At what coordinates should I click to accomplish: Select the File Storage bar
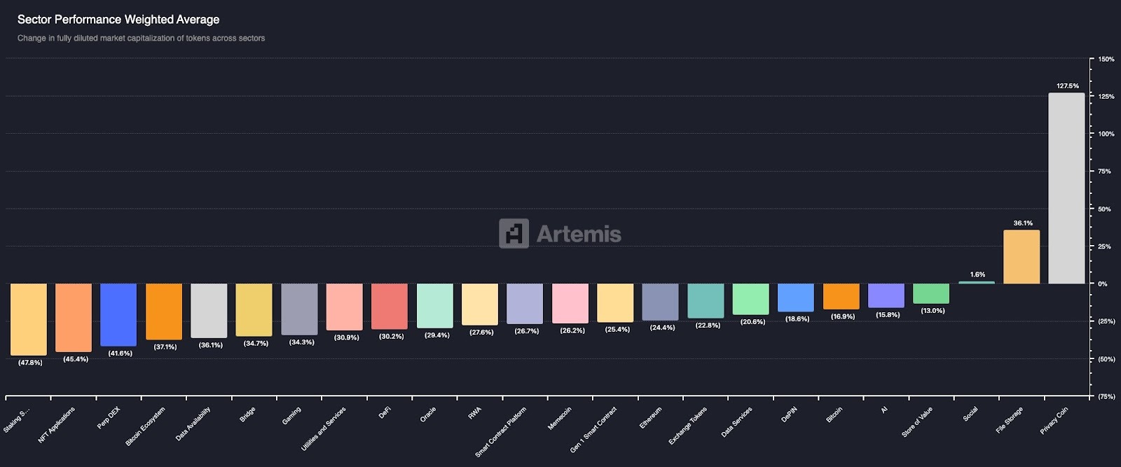(x=1022, y=256)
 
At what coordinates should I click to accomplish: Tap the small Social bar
(x=977, y=282)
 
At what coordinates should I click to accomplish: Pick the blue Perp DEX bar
(x=118, y=314)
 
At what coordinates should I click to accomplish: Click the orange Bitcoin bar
(x=841, y=296)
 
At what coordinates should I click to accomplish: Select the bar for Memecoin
(x=570, y=303)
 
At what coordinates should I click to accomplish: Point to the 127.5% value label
(x=1067, y=86)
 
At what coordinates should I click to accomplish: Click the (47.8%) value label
(x=30, y=363)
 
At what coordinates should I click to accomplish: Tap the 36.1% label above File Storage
(x=1022, y=223)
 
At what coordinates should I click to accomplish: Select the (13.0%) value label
(x=933, y=311)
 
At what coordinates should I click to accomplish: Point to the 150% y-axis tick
(x=1106, y=60)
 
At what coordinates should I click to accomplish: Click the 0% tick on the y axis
(x=1103, y=284)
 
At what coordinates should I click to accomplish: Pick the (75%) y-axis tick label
(x=1106, y=396)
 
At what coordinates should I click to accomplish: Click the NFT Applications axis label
(x=57, y=424)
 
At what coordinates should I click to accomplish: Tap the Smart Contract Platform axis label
(x=500, y=432)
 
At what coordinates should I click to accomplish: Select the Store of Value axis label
(x=917, y=422)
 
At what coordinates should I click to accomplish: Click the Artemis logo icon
(x=514, y=233)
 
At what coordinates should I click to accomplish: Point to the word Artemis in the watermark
(x=579, y=234)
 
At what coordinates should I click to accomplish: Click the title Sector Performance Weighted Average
(x=118, y=20)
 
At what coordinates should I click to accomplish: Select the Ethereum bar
(x=660, y=302)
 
